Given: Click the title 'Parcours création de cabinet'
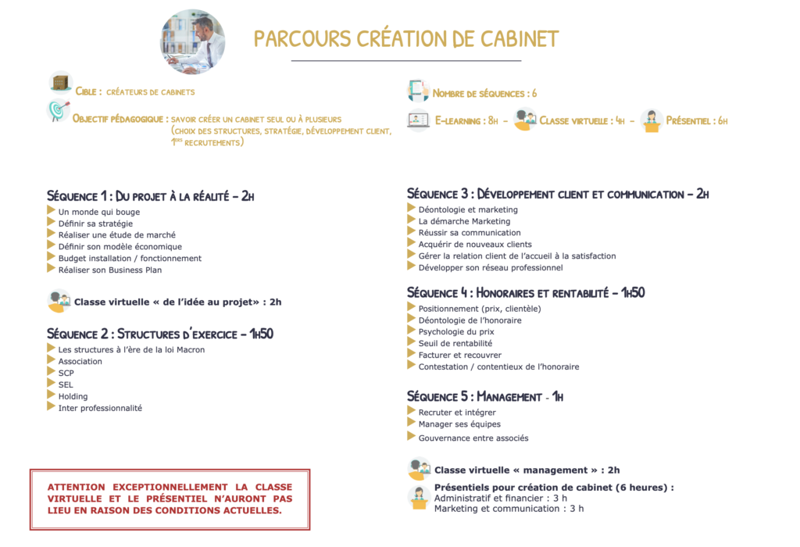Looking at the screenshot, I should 406,39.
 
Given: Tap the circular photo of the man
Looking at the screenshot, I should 192,42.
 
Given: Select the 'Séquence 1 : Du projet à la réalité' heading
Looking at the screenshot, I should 151,196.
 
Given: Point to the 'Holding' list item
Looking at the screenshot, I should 73,396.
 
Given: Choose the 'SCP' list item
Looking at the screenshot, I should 66,373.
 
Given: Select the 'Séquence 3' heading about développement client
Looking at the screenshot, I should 558,194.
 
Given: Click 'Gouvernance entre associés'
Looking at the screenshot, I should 473,438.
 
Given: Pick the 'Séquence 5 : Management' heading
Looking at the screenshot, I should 485,397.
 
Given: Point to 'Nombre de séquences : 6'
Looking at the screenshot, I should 484,94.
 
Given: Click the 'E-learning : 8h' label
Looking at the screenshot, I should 466,121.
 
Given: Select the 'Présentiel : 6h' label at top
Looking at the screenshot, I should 696,121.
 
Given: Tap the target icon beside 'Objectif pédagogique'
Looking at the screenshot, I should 58,112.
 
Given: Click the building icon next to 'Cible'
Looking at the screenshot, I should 60,82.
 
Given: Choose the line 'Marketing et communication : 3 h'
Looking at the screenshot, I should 509,509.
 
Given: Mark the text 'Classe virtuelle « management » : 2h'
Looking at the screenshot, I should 527,470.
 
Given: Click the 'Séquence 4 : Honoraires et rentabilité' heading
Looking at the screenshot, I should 526,293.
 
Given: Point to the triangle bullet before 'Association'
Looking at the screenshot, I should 52,361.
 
